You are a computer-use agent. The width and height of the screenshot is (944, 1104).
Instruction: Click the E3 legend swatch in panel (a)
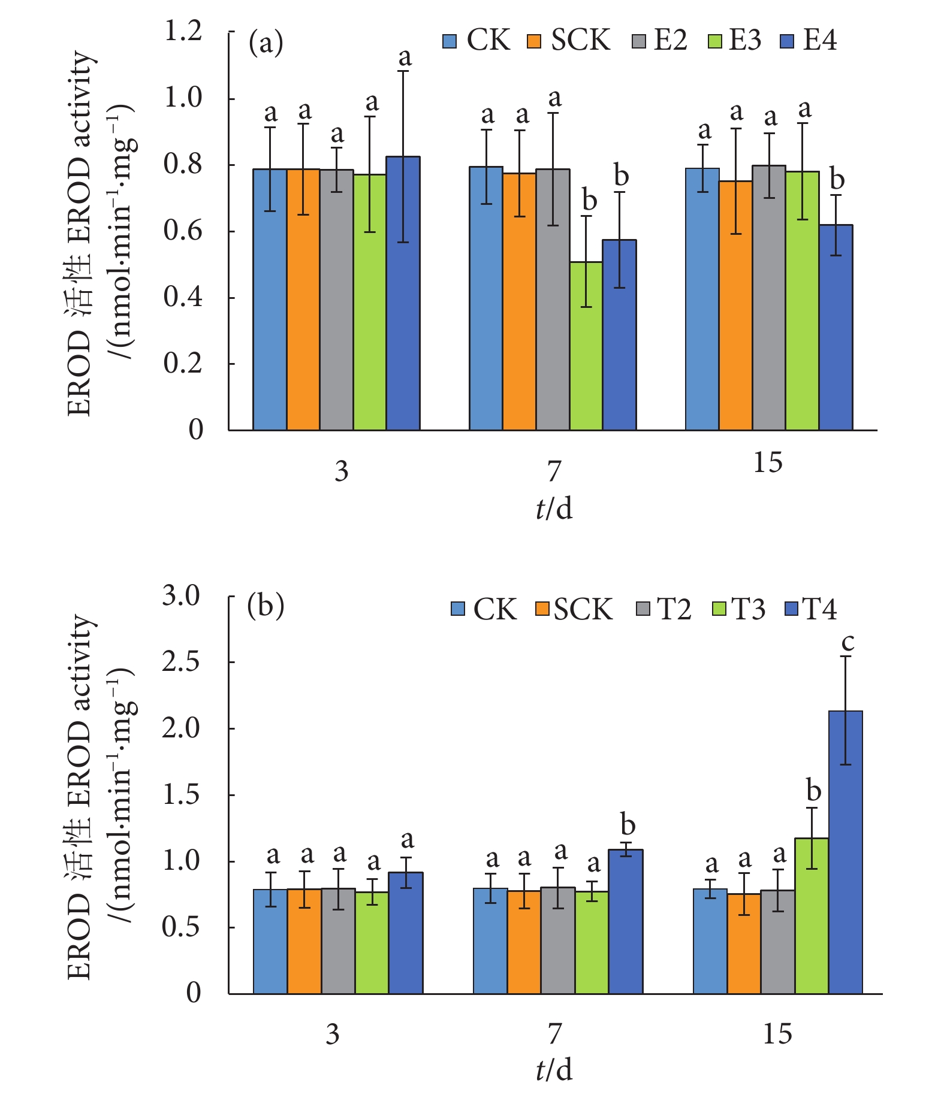tap(714, 42)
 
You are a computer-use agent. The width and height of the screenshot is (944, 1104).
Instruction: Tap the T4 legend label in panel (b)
tap(819, 609)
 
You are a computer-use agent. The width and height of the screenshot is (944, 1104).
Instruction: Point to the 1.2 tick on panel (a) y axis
tap(183, 32)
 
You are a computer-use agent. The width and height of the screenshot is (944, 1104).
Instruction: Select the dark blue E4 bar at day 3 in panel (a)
tap(403, 294)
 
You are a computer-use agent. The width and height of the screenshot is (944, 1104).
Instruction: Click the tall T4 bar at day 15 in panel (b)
tap(845, 851)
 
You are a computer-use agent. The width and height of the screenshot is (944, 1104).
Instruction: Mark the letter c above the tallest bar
tap(848, 642)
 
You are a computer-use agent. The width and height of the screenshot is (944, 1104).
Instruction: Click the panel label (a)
tap(266, 43)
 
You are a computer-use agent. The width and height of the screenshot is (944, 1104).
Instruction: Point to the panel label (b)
tap(266, 606)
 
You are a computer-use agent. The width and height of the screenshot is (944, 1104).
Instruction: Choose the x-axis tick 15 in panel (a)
tap(768, 463)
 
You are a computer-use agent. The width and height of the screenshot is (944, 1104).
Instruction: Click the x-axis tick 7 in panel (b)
tap(554, 1033)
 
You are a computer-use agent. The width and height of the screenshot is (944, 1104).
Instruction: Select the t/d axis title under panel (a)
tap(554, 509)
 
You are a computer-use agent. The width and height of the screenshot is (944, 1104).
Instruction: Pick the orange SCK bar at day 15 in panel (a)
tap(735, 306)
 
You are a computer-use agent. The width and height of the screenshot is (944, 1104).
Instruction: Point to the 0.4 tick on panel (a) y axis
tap(183, 297)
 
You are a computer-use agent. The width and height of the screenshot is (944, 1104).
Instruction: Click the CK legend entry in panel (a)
tap(476, 41)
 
